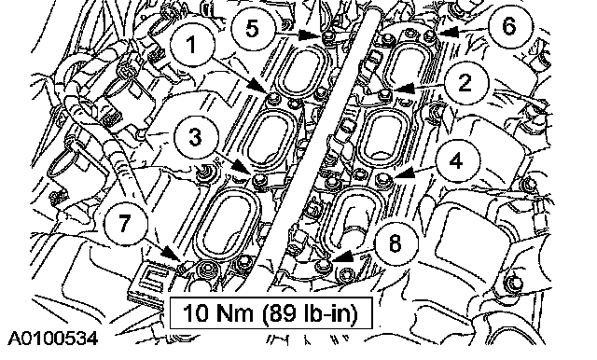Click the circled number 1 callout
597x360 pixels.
pyautogui.click(x=192, y=45)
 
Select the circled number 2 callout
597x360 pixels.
pyautogui.click(x=465, y=82)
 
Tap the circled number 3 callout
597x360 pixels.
pyautogui.click(x=195, y=136)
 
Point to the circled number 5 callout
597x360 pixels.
pyautogui.click(x=253, y=28)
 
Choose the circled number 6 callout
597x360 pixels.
pyautogui.click(x=510, y=26)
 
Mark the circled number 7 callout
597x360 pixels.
pyautogui.click(x=125, y=222)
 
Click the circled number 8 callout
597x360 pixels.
pyautogui.click(x=396, y=242)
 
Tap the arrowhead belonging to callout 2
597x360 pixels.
pyautogui.click(x=403, y=88)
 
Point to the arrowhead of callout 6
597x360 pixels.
pyautogui.click(x=448, y=32)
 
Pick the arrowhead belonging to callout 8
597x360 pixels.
pyautogui.click(x=340, y=256)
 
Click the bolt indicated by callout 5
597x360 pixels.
pyautogui.click(x=327, y=35)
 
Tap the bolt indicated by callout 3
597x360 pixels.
pyautogui.click(x=260, y=180)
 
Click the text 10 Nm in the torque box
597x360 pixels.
pyautogui.click(x=217, y=313)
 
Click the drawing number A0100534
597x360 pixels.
pyautogui.click(x=53, y=339)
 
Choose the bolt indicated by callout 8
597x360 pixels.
pyautogui.click(x=323, y=264)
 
